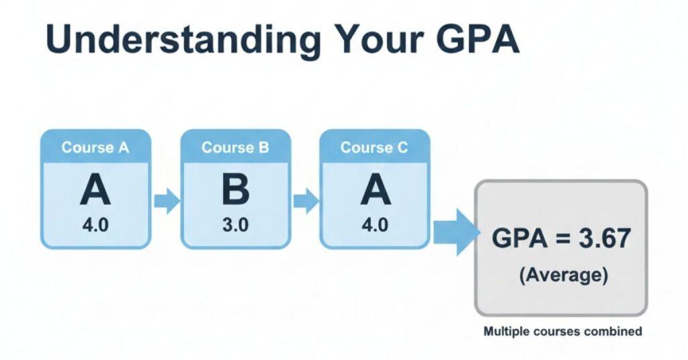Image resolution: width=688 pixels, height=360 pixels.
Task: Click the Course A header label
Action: (95, 148)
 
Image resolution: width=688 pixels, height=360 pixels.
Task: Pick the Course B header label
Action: (235, 148)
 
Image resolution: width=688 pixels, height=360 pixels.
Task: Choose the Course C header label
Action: (374, 148)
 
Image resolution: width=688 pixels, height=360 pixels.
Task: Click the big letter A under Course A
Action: (95, 191)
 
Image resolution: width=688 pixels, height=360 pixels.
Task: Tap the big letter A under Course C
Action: (375, 191)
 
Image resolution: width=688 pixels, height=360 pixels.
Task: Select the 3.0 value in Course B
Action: (235, 225)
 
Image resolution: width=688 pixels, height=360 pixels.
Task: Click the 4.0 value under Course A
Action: (95, 225)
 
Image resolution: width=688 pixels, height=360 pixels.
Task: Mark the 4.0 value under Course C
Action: (375, 225)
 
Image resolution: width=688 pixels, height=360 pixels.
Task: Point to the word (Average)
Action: (562, 275)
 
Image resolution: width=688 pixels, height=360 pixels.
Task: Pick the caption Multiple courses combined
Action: (562, 331)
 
